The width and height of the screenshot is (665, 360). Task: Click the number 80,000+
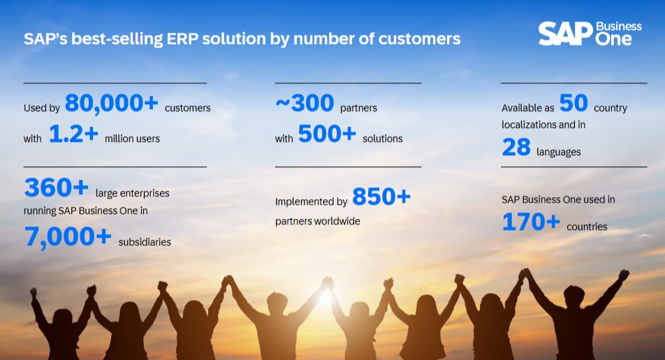click(112, 103)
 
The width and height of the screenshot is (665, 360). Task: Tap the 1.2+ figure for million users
click(74, 134)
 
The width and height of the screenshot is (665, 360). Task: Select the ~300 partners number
click(305, 103)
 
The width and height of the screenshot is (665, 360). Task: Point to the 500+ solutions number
click(327, 134)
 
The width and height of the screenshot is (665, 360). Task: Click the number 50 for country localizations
click(573, 103)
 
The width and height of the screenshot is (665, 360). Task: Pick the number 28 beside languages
click(516, 147)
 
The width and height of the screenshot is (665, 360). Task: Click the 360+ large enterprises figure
click(57, 187)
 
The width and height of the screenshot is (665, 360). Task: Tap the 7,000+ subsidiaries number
click(68, 237)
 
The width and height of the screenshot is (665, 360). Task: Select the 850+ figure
click(381, 196)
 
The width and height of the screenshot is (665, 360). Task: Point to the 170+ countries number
click(531, 222)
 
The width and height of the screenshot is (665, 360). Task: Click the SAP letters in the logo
click(565, 34)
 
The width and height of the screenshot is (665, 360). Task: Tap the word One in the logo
click(613, 39)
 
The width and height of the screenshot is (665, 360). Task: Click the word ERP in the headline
click(182, 38)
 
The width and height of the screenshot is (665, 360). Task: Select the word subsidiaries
click(145, 242)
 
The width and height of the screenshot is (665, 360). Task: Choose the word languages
click(559, 152)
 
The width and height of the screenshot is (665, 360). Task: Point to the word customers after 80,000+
click(187, 108)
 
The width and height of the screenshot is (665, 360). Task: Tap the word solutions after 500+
click(383, 138)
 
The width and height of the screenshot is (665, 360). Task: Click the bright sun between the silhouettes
click(326, 297)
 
